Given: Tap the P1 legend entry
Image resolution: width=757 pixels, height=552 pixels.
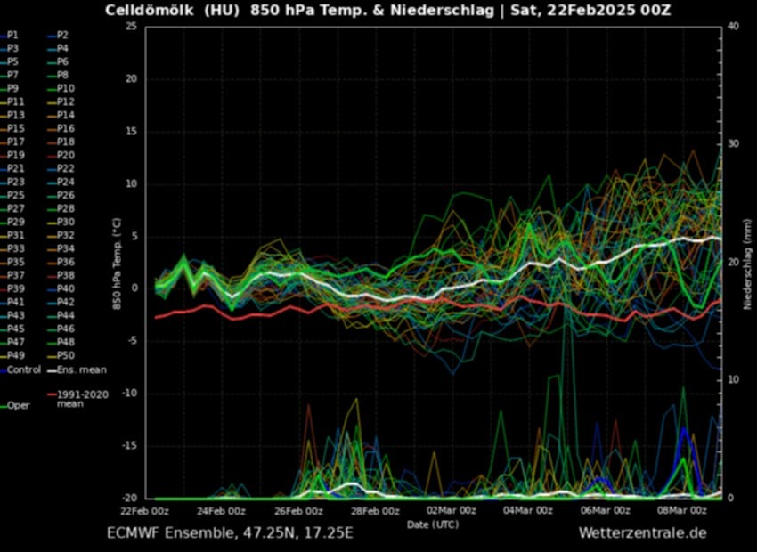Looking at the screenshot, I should (x=12, y=35).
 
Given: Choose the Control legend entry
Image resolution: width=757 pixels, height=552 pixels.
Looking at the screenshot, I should (x=24, y=369).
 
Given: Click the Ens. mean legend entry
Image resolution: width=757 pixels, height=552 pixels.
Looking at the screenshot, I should (x=79, y=369).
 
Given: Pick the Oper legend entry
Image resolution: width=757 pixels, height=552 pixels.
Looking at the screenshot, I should (x=18, y=405).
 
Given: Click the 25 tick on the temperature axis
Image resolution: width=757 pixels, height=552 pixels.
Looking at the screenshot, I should (x=130, y=27).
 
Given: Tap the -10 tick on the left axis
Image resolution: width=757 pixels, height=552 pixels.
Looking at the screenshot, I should (x=128, y=394).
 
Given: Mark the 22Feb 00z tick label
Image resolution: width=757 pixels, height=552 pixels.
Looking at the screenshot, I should (x=144, y=511).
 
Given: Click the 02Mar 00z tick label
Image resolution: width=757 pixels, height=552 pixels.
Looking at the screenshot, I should (x=452, y=511).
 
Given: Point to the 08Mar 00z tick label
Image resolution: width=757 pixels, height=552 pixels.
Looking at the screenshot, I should (x=682, y=511).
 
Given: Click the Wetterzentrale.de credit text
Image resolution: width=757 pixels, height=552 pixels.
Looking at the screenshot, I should (x=642, y=533).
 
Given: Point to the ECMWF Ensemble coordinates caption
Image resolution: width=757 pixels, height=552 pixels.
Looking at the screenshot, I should (x=230, y=533).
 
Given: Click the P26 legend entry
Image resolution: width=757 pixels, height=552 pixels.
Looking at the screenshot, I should (x=65, y=195).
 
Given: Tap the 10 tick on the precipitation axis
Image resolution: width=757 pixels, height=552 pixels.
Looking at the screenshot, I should (x=732, y=380).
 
